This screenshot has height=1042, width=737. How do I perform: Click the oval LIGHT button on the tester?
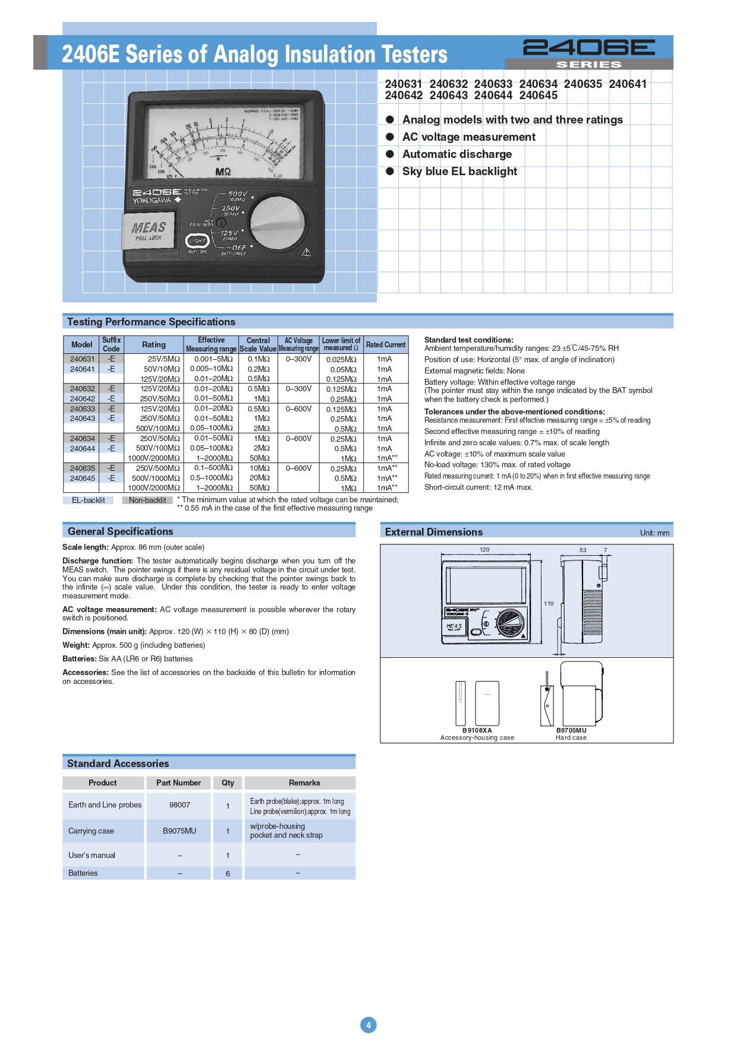pyautogui.click(x=197, y=241)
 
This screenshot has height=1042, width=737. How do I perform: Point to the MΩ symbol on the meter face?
pyautogui.click(x=223, y=172)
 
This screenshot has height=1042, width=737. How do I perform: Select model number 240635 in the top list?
pyautogui.click(x=582, y=84)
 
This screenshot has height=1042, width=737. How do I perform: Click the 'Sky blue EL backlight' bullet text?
pyautogui.click(x=459, y=172)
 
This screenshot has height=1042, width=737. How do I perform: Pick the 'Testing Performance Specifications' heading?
pyautogui.click(x=151, y=322)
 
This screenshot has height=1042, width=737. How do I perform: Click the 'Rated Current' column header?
pyautogui.click(x=386, y=344)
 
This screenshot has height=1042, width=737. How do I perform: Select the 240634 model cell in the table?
pyautogui.click(x=82, y=439)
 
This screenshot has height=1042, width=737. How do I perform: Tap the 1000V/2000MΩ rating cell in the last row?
pyautogui.click(x=154, y=488)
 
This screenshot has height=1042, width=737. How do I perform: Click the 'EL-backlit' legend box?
pyautogui.click(x=88, y=500)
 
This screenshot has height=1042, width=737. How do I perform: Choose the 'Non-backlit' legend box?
pyautogui.click(x=147, y=500)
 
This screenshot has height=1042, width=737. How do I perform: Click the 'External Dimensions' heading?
pyautogui.click(x=434, y=532)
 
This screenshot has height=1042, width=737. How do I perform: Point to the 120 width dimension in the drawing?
pyautogui.click(x=484, y=550)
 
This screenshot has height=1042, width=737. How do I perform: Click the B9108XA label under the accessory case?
pyautogui.click(x=477, y=730)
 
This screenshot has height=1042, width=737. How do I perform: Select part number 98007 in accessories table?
pyautogui.click(x=179, y=805)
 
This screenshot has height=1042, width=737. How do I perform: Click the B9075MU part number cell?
pyautogui.click(x=179, y=831)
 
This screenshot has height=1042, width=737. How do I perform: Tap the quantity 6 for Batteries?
pyautogui.click(x=228, y=873)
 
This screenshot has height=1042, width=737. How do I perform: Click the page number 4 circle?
pyautogui.click(x=368, y=1025)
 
